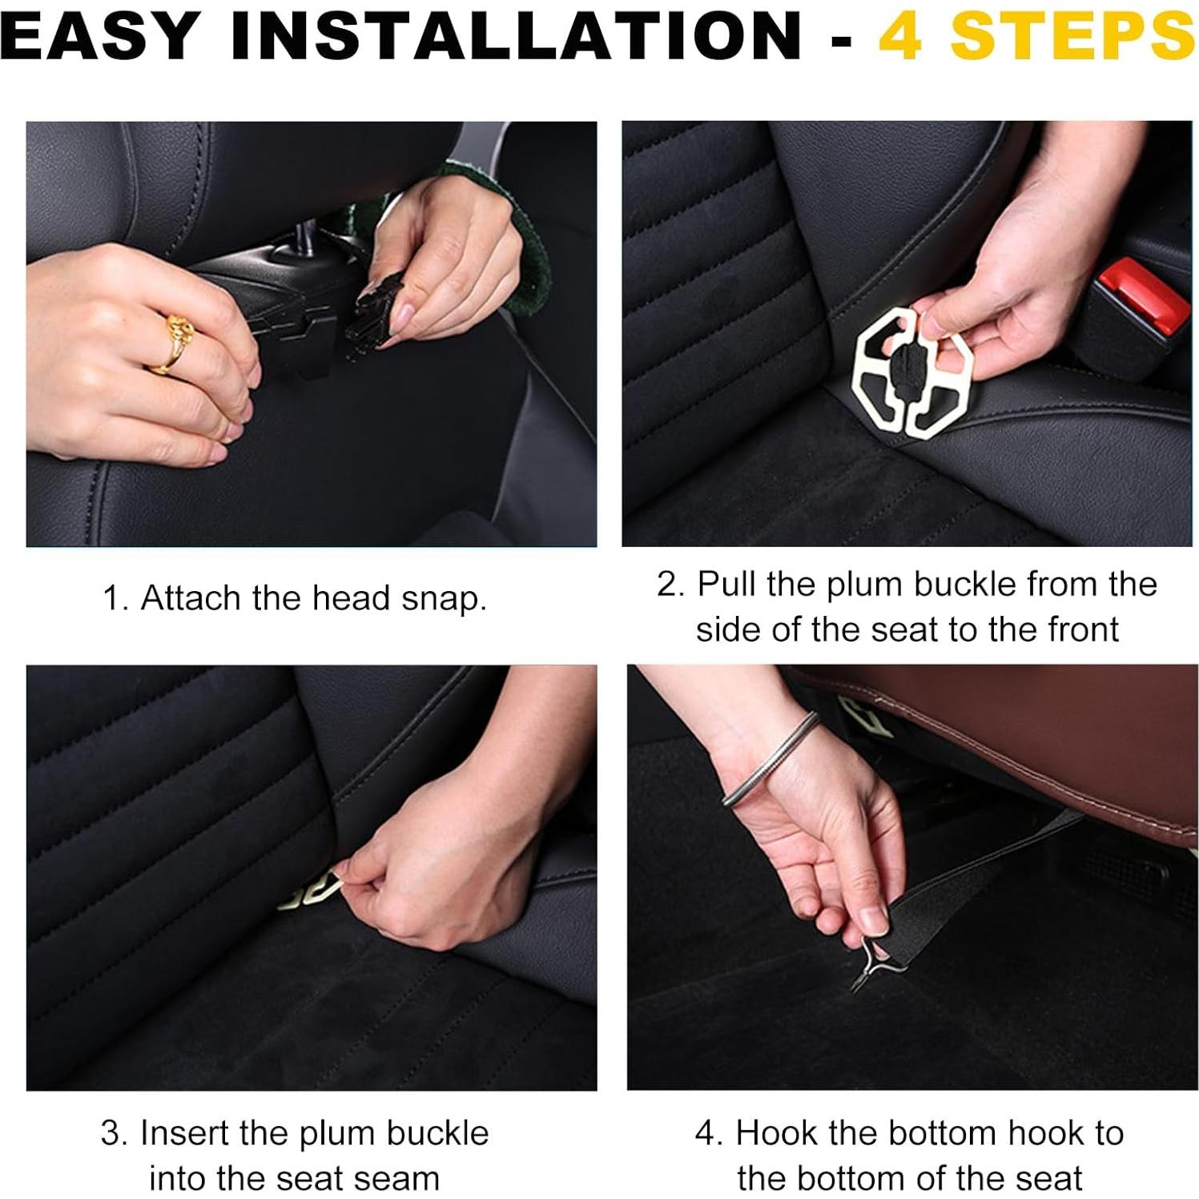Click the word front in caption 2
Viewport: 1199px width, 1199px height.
1076,630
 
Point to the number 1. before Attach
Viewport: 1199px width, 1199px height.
116,598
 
